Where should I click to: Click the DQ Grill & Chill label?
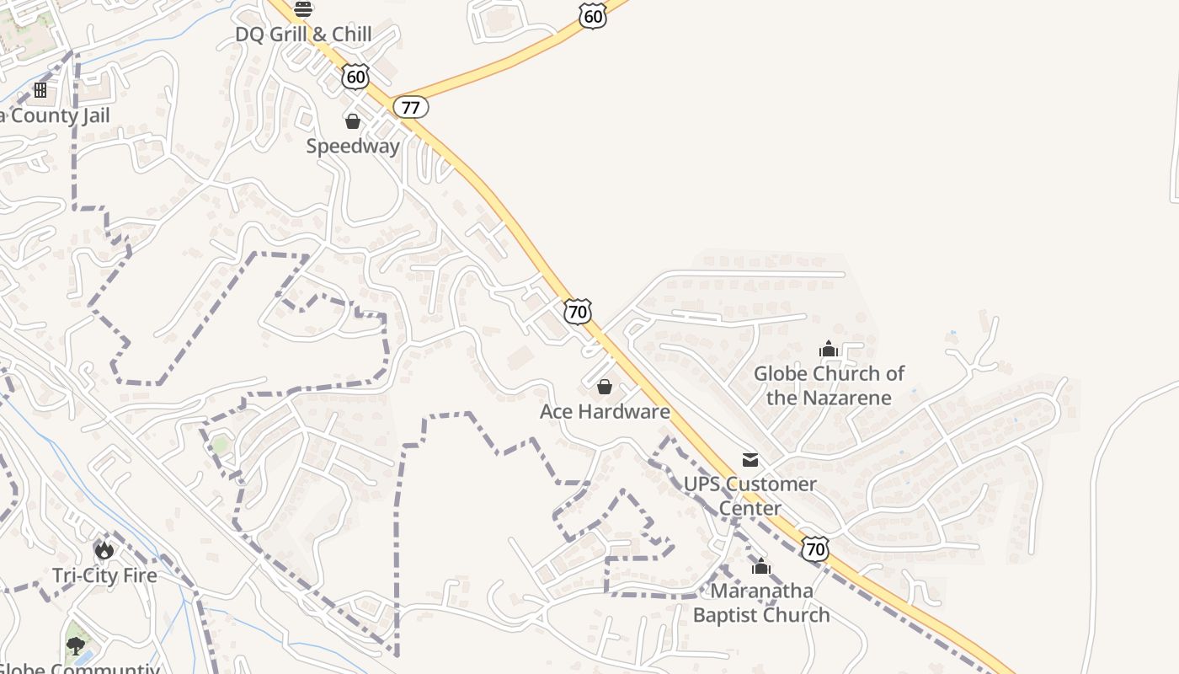click(303, 35)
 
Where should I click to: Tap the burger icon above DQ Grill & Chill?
click(303, 9)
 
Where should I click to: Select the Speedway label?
click(353, 146)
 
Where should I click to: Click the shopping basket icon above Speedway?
click(353, 121)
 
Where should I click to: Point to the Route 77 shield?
click(411, 107)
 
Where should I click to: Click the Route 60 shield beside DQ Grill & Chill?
click(355, 78)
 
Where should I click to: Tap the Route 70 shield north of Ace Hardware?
click(577, 312)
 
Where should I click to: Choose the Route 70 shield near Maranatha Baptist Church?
click(814, 549)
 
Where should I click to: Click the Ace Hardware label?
click(605, 412)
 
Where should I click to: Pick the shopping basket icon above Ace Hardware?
click(605, 387)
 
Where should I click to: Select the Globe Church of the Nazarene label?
click(829, 385)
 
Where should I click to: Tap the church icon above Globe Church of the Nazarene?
click(829, 349)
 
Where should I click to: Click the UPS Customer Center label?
click(750, 496)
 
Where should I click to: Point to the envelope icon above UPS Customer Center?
click(750, 459)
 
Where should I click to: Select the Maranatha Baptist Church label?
click(761, 602)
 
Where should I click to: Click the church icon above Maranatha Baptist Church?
click(761, 566)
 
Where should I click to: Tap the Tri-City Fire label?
click(104, 575)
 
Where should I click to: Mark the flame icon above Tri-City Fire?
click(104, 550)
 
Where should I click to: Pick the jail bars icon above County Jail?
click(40, 89)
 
